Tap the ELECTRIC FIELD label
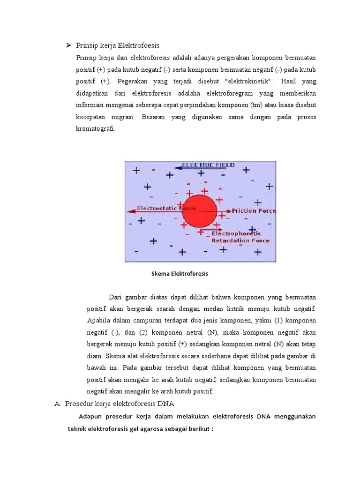coord(208,165)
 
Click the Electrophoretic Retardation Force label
coord(240,237)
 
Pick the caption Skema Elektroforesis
coord(180,274)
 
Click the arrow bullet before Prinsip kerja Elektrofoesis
coord(68,45)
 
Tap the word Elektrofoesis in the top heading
coord(139,45)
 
